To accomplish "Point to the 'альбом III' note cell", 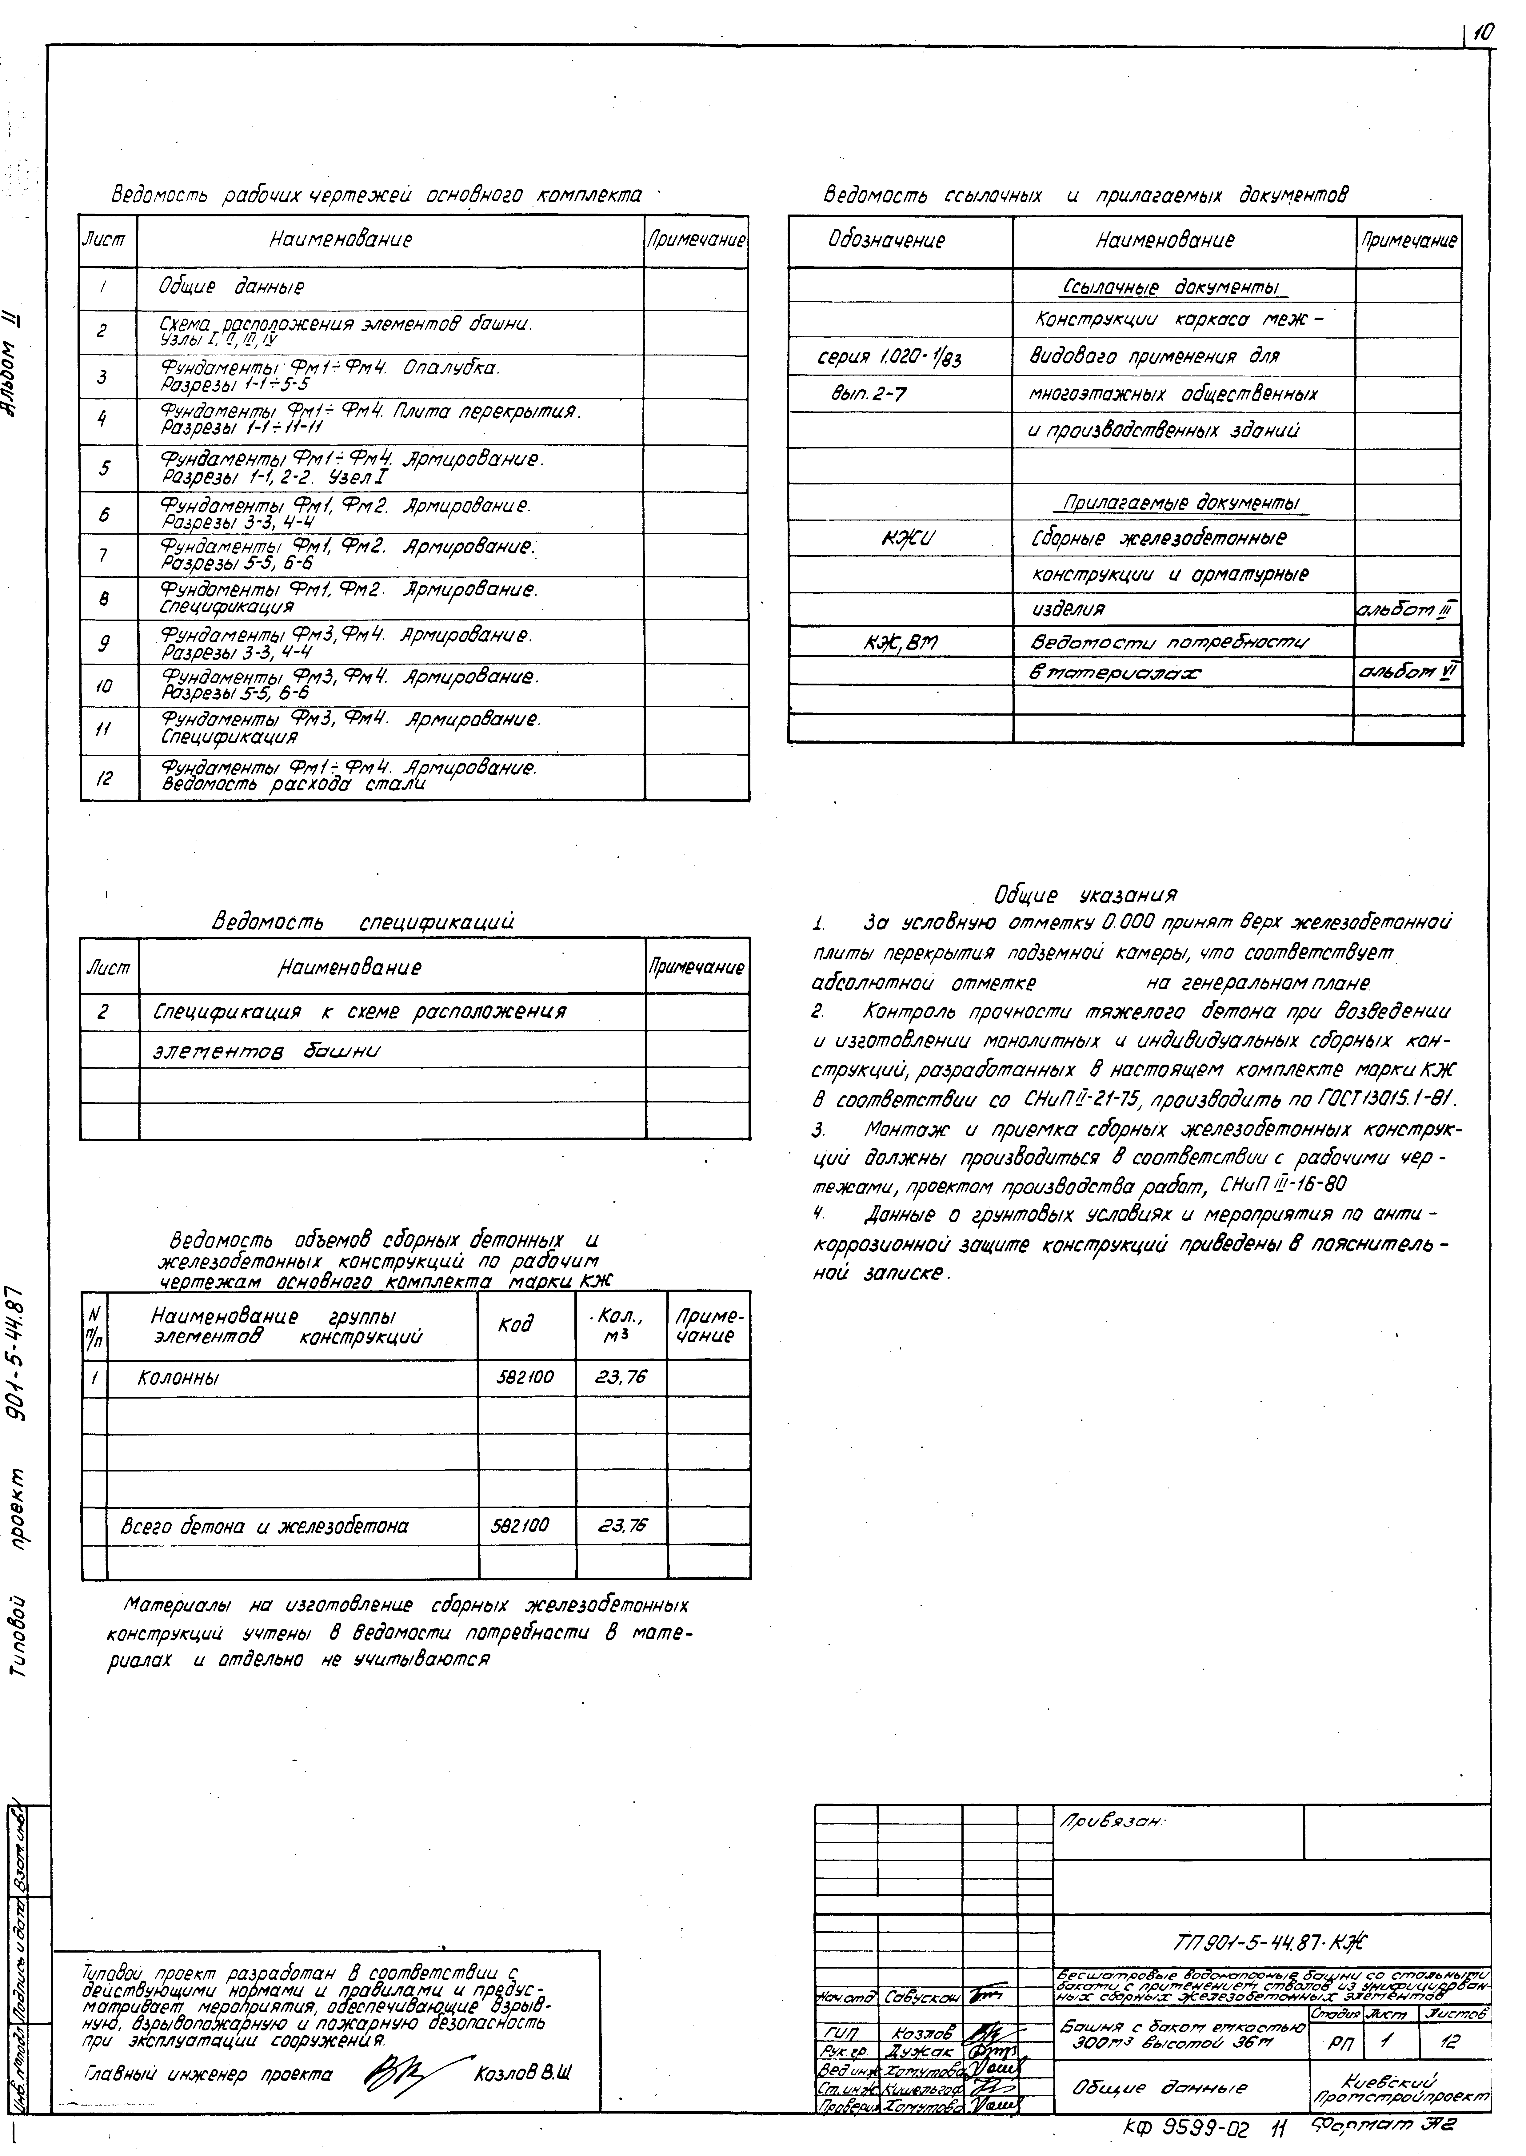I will pos(1407,611).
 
